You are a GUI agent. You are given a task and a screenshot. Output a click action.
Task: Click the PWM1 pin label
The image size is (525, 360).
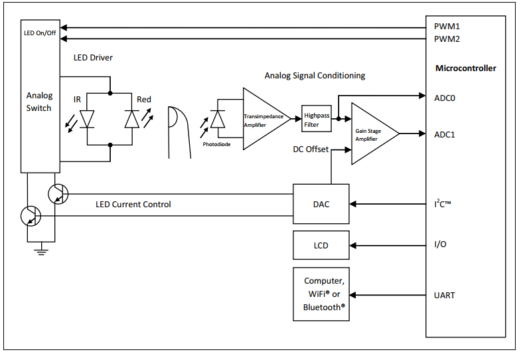(447, 26)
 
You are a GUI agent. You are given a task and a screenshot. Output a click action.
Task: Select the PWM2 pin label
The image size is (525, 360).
(447, 39)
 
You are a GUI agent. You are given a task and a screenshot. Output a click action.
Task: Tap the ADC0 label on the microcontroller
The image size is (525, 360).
(444, 98)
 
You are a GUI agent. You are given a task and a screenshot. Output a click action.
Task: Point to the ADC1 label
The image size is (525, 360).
(444, 135)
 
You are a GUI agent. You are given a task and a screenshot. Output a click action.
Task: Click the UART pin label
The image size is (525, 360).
(444, 296)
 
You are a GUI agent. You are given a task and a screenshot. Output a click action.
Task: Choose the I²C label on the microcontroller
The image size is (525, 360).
(442, 204)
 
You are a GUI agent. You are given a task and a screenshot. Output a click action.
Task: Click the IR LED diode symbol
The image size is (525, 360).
(87, 119)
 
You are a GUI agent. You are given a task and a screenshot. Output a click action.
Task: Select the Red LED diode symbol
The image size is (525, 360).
(132, 119)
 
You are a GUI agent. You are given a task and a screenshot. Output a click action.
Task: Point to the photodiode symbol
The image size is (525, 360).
(218, 119)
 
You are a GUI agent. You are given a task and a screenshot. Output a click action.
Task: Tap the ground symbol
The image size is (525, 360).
(41, 250)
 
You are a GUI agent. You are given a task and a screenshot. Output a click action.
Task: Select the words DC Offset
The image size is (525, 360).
(311, 149)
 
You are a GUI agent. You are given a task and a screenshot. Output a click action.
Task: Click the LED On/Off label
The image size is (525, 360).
(40, 33)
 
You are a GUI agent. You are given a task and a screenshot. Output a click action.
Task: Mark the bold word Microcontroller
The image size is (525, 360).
(466, 68)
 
